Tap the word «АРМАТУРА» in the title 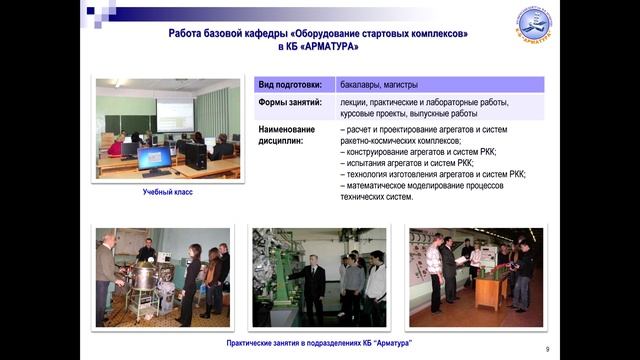[324, 47]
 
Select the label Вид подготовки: [291, 85]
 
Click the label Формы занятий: [290, 103]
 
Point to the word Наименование [286, 129]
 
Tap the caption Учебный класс [167, 192]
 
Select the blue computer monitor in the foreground [155, 157]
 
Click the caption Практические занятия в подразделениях [319, 344]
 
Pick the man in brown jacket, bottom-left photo [106, 274]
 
